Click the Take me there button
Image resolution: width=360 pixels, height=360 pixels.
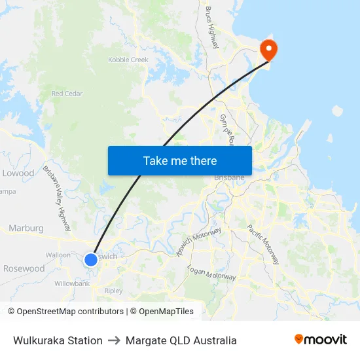point(179,160)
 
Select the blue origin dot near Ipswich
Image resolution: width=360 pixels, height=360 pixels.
point(90,259)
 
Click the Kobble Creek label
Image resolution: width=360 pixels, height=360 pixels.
point(128,60)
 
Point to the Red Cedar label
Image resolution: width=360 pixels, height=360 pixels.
point(67,94)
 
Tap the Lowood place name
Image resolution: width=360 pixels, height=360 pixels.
point(18,173)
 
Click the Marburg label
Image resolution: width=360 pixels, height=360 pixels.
point(26,228)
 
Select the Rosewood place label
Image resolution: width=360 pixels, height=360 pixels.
point(24,268)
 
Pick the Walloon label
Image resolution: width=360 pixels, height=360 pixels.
point(58,255)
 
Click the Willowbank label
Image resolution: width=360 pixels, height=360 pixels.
point(71,283)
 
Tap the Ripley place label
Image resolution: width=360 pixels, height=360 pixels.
point(113,291)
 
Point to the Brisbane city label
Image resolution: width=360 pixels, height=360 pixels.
point(229,177)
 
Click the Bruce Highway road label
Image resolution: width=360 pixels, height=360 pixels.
point(211,27)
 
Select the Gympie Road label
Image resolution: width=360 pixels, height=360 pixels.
point(227,131)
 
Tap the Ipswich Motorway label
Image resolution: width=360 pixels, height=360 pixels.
point(200,242)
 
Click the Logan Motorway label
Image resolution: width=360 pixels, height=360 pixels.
point(211,273)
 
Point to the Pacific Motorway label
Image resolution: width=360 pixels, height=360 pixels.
point(262,243)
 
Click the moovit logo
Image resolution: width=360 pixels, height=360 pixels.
point(320,340)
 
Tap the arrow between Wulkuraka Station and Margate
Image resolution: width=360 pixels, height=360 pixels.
point(114,340)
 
